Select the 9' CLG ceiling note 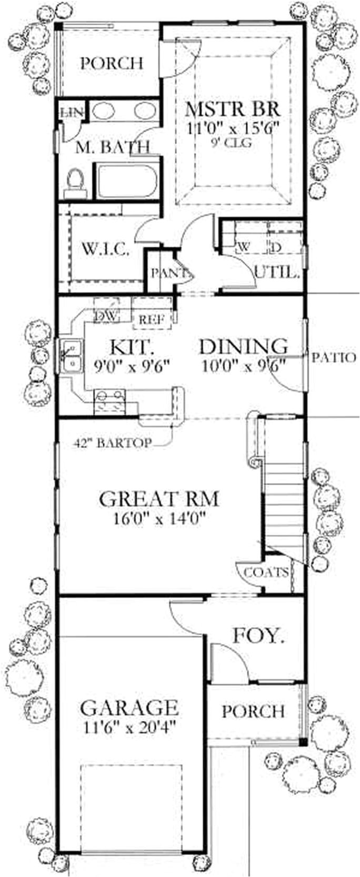point(232,143)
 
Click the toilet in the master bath point(76,182)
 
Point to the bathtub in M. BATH point(125,182)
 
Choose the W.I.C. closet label point(105,249)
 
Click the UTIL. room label point(277,273)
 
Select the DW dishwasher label point(107,316)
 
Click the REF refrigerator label point(152,318)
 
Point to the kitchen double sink point(70,356)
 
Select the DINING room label point(243,346)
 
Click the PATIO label point(333,358)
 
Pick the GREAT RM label point(158,498)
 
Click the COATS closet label point(266,572)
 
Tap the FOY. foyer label point(258,637)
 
